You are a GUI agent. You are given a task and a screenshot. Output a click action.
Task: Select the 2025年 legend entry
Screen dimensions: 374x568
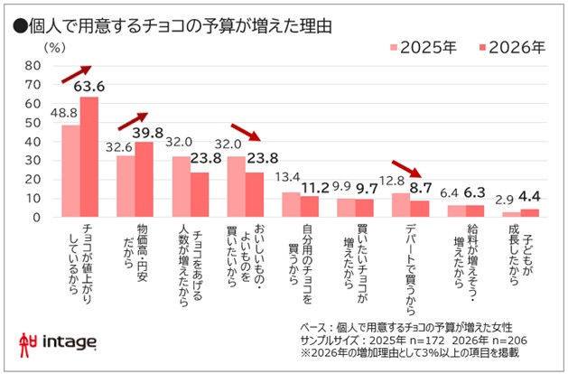[x=424, y=48]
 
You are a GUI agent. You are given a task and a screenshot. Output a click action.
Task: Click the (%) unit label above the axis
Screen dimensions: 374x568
[x=54, y=46]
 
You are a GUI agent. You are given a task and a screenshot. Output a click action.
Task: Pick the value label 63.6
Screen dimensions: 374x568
[x=90, y=87]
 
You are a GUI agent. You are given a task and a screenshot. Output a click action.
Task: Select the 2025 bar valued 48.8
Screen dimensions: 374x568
[x=70, y=171]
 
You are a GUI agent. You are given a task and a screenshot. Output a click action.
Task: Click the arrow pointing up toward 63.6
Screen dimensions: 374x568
[x=76, y=75]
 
